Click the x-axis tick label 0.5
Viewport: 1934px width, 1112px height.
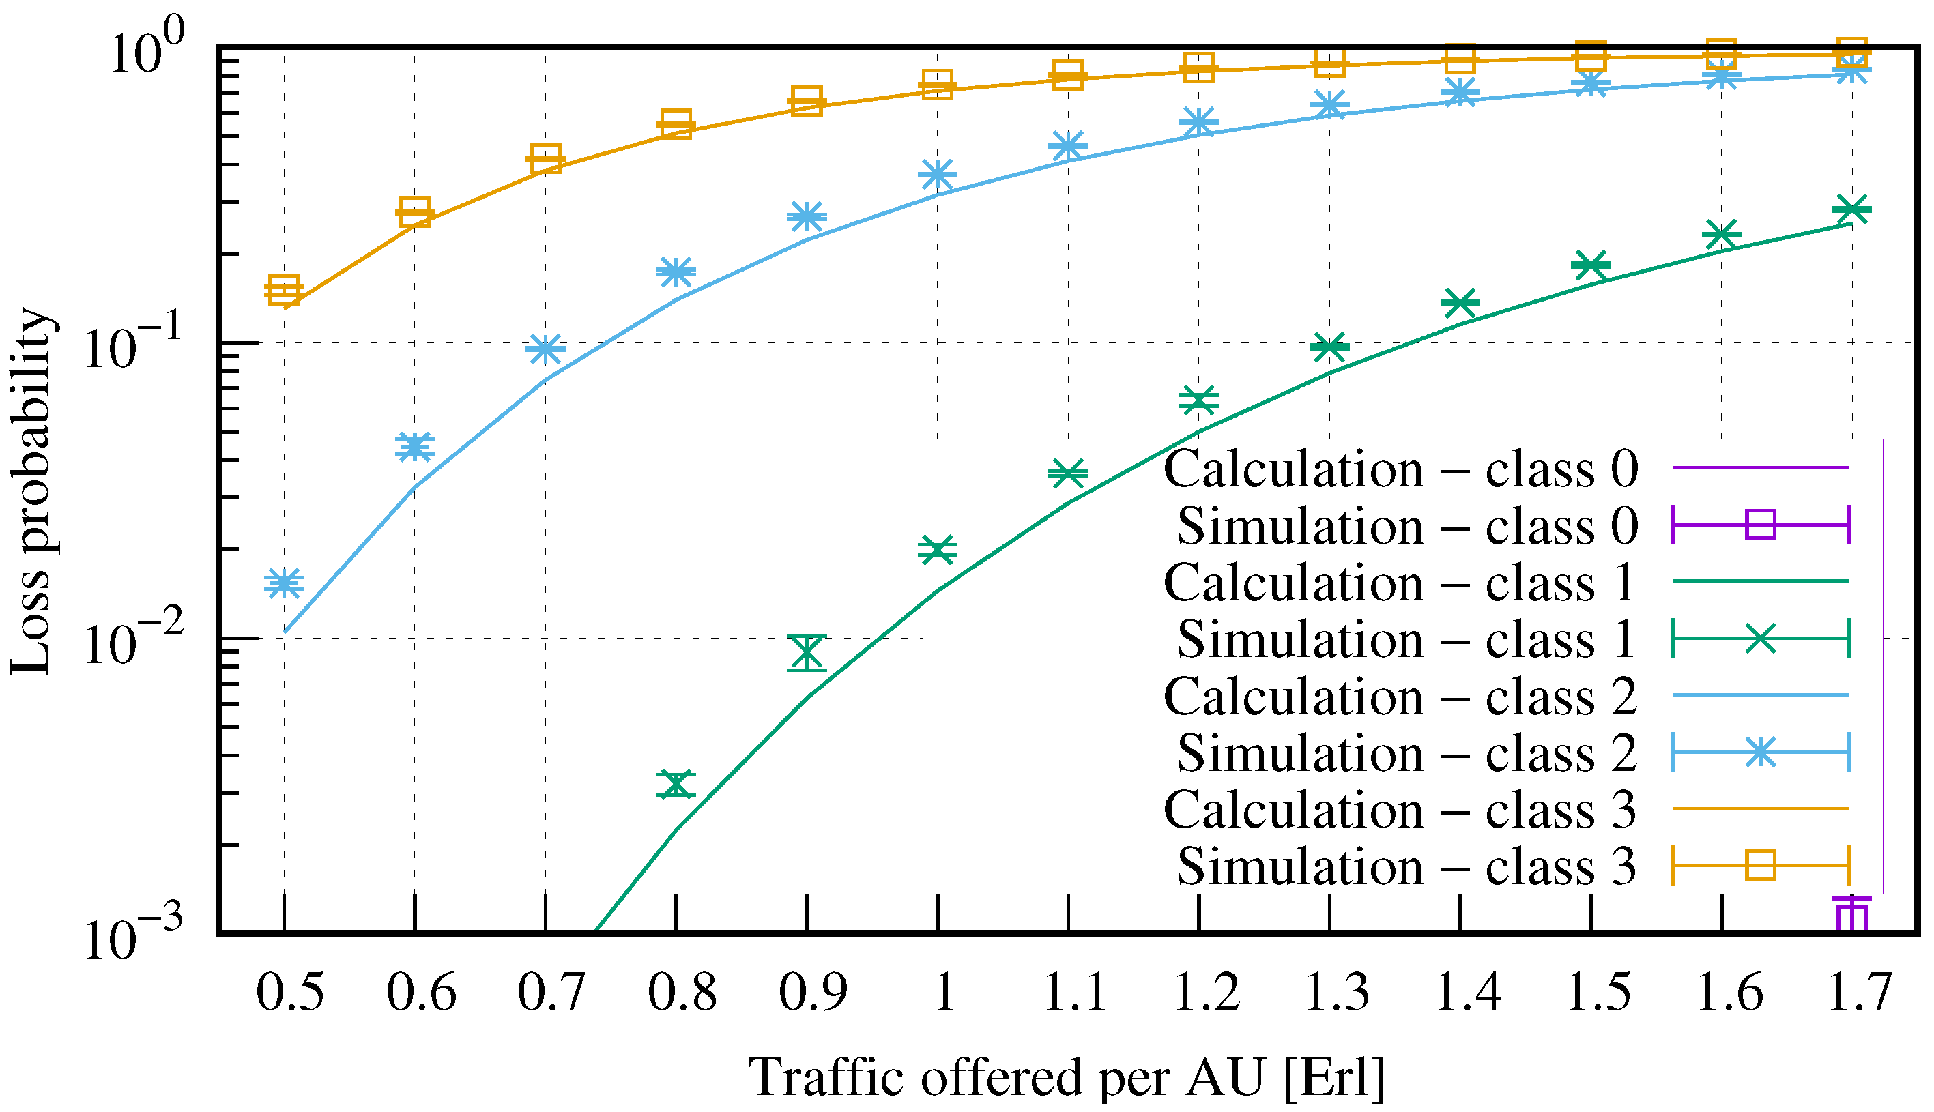[289, 993]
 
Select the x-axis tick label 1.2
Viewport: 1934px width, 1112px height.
[1206, 993]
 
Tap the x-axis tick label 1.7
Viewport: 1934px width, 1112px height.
[1859, 993]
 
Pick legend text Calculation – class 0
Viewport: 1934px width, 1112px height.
[1400, 468]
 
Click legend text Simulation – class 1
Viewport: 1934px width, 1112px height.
[1405, 639]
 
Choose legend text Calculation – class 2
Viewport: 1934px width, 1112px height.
[1400, 696]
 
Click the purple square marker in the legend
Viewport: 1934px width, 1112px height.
[1760, 525]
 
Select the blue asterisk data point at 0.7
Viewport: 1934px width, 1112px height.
[545, 349]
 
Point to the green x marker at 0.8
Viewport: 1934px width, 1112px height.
[676, 785]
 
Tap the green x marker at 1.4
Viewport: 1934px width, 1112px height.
[1460, 303]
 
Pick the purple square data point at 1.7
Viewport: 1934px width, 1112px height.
[1851, 916]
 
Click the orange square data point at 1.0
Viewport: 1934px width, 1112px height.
[937, 83]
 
